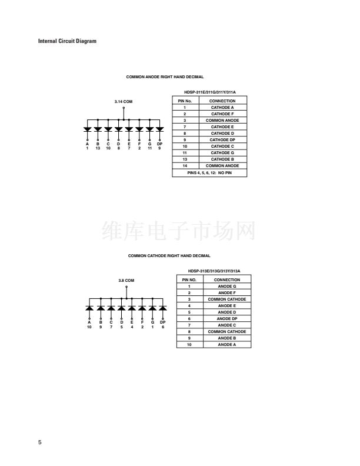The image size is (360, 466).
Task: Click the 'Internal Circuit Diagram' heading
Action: point(67,41)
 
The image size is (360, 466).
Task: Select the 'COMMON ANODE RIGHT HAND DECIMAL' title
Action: point(165,77)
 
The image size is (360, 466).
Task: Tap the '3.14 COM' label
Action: point(124,102)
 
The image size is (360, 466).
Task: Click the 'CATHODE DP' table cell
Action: point(222,139)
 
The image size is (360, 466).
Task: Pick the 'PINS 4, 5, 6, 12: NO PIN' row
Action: point(209,172)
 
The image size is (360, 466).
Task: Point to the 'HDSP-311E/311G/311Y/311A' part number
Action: point(209,92)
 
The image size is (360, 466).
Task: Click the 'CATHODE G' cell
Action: point(222,153)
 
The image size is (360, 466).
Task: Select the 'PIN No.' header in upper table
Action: point(185,101)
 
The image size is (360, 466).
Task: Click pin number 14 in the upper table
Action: point(185,166)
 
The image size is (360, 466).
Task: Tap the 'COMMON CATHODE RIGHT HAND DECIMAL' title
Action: point(169,256)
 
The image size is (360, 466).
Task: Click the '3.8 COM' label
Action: point(126,281)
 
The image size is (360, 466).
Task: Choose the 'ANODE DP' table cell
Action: point(227,318)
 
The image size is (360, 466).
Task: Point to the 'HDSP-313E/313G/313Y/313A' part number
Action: point(214,271)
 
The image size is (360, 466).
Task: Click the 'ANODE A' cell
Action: point(227,345)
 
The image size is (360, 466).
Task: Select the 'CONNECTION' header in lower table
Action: point(227,280)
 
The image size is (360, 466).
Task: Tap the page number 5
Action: point(40,442)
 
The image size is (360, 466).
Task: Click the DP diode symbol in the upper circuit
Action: point(160,129)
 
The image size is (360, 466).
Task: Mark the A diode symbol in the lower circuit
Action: point(89,308)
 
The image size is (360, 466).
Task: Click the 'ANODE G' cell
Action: point(227,287)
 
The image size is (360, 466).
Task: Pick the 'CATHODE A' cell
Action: point(222,108)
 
